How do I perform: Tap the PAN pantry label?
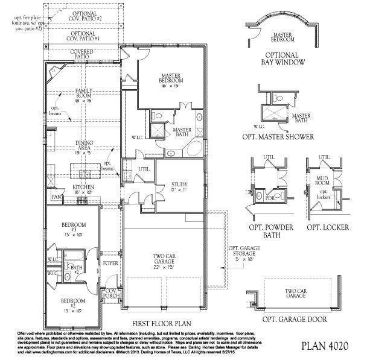(x=57, y=197)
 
